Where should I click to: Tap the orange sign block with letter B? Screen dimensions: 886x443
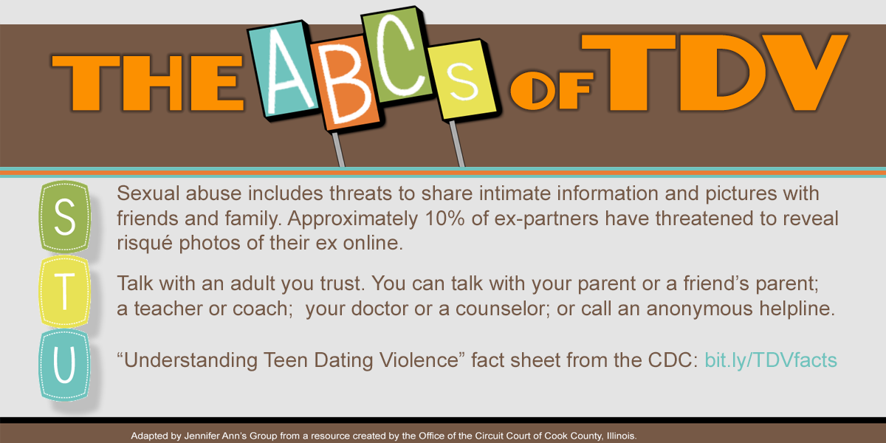pyautogui.click(x=345, y=82)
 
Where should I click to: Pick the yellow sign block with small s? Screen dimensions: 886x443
pyautogui.click(x=462, y=79)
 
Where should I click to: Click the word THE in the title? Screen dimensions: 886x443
pyautogui.click(x=148, y=83)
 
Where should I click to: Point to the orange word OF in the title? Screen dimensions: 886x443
pyautogui.click(x=552, y=91)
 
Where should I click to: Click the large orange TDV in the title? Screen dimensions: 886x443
pyautogui.click(x=715, y=73)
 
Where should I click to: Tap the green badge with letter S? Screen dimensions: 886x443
pyautogui.click(x=64, y=217)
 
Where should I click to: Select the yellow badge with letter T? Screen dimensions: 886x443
pyautogui.click(x=64, y=292)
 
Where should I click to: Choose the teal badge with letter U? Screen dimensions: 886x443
pyautogui.click(x=64, y=365)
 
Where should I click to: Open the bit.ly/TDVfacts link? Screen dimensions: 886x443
pyautogui.click(x=771, y=360)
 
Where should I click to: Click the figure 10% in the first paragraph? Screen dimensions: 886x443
pyautogui.click(x=444, y=219)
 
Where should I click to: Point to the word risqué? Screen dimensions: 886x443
pyautogui.click(x=145, y=244)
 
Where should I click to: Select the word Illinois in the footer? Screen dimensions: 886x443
pyautogui.click(x=622, y=436)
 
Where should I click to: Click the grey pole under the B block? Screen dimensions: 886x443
pyautogui.click(x=338, y=149)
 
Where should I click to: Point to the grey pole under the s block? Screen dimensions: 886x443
pyautogui.click(x=457, y=143)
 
